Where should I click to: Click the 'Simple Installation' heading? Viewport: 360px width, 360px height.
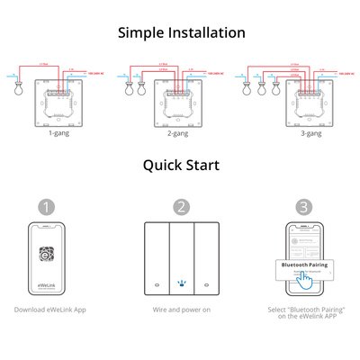click(x=181, y=32)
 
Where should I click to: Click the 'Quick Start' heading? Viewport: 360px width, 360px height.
click(x=181, y=165)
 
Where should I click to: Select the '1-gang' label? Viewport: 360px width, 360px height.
click(x=61, y=132)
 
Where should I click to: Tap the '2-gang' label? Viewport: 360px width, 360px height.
click(x=179, y=132)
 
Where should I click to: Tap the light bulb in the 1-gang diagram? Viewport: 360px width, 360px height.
click(x=13, y=91)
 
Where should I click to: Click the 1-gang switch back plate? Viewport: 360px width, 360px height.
click(x=61, y=101)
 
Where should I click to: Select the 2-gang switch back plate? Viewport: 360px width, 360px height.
click(x=179, y=101)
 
